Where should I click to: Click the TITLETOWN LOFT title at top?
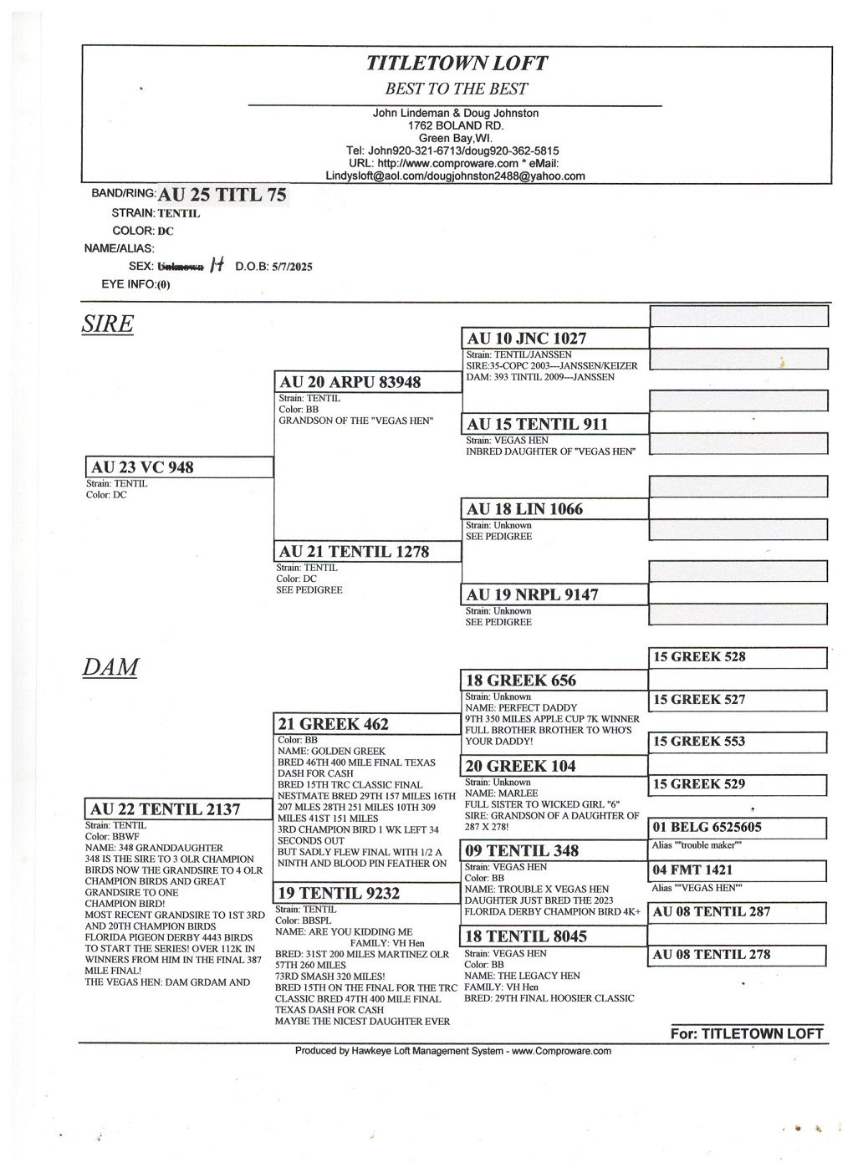coord(457,64)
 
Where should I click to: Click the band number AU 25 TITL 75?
coord(222,195)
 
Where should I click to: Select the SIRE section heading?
coord(107,324)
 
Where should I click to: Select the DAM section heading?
coord(110,667)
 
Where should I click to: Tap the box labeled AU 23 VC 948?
coord(179,467)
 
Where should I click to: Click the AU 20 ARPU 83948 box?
coord(368,382)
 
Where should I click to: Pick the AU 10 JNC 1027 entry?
coord(554,339)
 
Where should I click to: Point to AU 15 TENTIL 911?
coord(554,424)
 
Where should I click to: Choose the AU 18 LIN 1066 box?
coord(554,509)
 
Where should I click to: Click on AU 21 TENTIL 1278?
coord(368,552)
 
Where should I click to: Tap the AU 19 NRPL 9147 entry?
coord(554,594)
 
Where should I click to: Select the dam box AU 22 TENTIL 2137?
coord(179,809)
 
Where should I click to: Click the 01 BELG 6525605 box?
coord(738,828)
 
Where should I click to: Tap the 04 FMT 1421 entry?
coord(738,870)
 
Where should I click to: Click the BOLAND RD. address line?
coord(456,125)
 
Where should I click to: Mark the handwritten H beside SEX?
coord(217,265)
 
